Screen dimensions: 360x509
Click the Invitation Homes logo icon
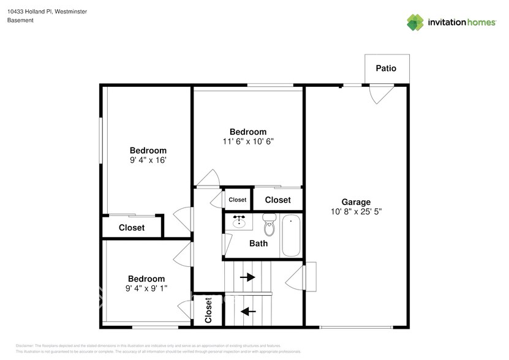click(415, 22)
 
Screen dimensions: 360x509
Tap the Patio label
click(385, 68)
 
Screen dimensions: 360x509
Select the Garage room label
click(356, 202)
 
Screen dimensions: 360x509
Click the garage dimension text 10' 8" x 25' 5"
click(356, 212)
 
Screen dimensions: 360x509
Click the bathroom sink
click(239, 222)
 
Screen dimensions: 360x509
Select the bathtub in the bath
click(291, 236)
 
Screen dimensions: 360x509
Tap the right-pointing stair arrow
click(247, 277)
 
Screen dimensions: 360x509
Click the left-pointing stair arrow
click(247, 311)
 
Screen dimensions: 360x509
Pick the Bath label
click(258, 243)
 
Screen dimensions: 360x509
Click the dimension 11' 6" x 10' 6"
click(248, 141)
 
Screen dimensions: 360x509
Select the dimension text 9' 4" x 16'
click(148, 160)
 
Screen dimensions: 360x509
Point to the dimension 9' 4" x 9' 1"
click(146, 288)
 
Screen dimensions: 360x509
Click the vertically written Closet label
click(208, 310)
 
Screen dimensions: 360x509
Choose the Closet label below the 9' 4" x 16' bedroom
click(132, 228)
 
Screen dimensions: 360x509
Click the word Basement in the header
click(20, 20)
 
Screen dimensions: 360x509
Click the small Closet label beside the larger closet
click(237, 200)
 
